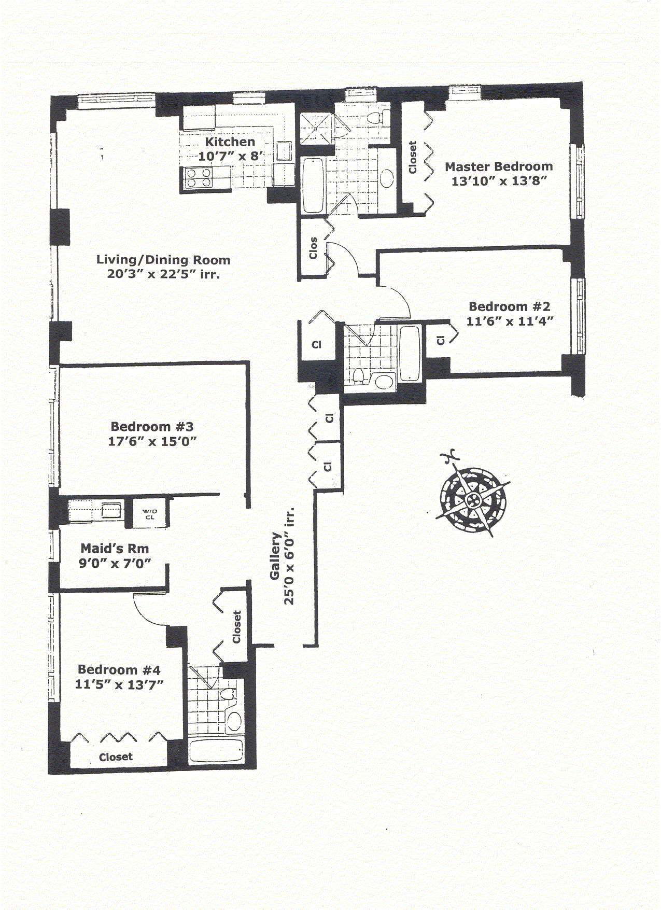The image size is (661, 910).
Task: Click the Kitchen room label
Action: tap(230, 142)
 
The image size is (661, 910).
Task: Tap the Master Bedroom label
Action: tap(499, 166)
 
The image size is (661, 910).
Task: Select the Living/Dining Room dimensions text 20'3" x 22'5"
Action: tap(163, 274)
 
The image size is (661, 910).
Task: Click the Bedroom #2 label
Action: tap(509, 306)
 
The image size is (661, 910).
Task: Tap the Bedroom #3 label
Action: tap(152, 427)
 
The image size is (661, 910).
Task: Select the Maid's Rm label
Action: tap(115, 549)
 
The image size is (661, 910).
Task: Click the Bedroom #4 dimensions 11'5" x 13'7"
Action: tap(119, 684)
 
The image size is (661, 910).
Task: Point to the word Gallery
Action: tap(275, 556)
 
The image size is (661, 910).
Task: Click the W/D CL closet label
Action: tap(150, 514)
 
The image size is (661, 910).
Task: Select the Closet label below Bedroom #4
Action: tap(116, 757)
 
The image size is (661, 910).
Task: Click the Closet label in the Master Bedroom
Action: tap(413, 158)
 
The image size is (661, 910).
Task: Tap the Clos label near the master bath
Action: tap(313, 248)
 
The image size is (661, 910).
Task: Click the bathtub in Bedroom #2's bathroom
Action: tap(410, 353)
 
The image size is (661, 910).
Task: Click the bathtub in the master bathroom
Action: tap(313, 186)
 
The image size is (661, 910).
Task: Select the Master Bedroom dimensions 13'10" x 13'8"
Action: tap(499, 181)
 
